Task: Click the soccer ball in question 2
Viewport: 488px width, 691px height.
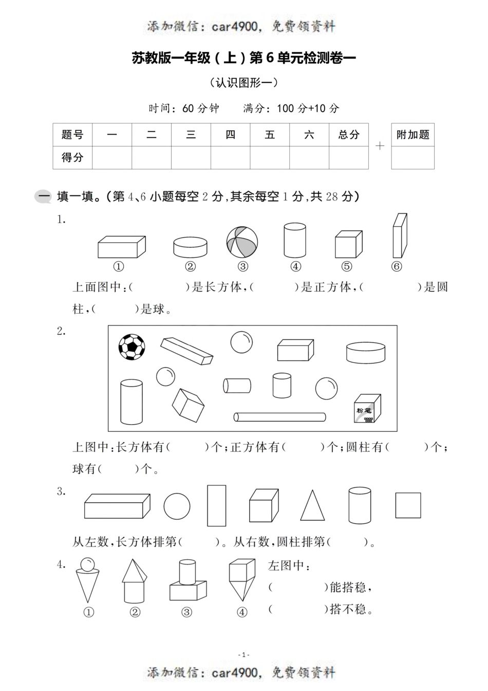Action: click(132, 347)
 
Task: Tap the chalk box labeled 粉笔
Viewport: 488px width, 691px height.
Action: click(367, 410)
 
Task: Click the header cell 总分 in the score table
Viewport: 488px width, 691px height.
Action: click(349, 135)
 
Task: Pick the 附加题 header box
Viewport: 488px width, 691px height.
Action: click(412, 135)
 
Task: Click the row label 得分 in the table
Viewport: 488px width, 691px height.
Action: click(72, 157)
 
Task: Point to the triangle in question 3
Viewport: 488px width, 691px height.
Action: click(312, 506)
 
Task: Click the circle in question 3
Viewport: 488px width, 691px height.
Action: click(177, 506)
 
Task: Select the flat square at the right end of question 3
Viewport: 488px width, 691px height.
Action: click(408, 505)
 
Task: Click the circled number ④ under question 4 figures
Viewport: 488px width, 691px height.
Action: click(242, 612)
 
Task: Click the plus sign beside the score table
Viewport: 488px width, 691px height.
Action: click(380, 146)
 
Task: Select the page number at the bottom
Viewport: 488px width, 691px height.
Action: click(244, 654)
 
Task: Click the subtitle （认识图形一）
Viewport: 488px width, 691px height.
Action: click(244, 82)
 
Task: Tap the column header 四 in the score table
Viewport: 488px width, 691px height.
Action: click(230, 135)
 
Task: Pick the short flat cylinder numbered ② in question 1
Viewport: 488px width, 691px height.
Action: click(190, 247)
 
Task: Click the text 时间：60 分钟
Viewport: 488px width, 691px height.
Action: click(184, 108)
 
